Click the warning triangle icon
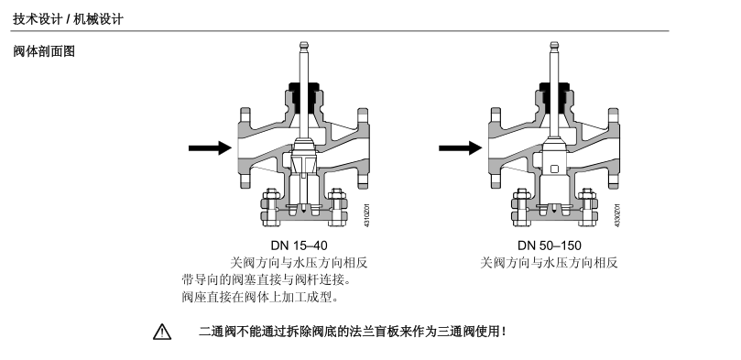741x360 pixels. pyautogui.click(x=161, y=332)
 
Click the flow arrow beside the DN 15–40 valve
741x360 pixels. pyautogui.click(x=210, y=147)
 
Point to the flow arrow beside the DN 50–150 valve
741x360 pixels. pyautogui.click(x=461, y=147)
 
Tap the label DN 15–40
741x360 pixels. pyautogui.click(x=299, y=245)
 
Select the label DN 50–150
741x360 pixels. pyautogui.click(x=550, y=245)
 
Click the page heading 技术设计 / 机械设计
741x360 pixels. pyautogui.click(x=68, y=19)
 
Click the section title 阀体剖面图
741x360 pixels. pyautogui.click(x=44, y=51)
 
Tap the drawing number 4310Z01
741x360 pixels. pyautogui.click(x=366, y=215)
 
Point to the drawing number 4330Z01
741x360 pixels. pyautogui.click(x=617, y=215)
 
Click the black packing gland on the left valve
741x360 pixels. pyautogui.click(x=303, y=93)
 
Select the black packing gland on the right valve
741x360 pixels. pyautogui.click(x=554, y=93)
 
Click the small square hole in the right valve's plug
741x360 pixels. pyautogui.click(x=555, y=169)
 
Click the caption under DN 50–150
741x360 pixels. pyautogui.click(x=549, y=263)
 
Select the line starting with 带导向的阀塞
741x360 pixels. pyautogui.click(x=267, y=279)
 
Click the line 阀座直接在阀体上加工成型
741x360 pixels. pyautogui.click(x=260, y=297)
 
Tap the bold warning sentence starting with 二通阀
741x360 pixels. pyautogui.click(x=353, y=332)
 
